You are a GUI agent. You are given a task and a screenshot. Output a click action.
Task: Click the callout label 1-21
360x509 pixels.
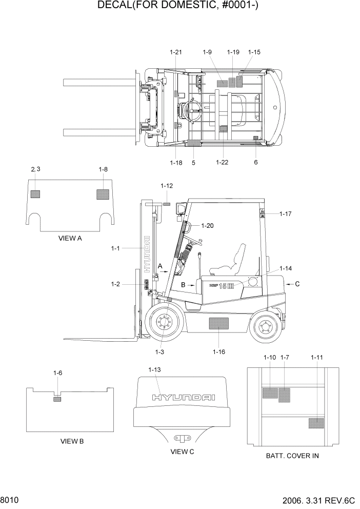175,52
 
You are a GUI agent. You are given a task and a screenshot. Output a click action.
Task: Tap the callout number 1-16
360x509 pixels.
219,351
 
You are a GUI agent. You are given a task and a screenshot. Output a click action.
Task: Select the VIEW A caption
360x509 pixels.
71,239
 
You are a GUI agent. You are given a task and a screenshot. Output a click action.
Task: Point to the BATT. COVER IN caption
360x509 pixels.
292,456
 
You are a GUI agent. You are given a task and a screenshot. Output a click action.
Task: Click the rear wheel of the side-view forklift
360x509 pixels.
265,324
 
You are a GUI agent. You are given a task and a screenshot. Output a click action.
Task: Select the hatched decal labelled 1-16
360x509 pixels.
219,324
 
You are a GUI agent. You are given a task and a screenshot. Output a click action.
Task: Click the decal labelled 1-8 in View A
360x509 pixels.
103,194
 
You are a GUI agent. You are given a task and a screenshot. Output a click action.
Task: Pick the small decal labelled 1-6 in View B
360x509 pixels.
57,399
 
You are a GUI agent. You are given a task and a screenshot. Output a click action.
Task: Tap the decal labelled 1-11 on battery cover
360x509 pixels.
316,423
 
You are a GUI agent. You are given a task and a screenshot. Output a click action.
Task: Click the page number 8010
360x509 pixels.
10,499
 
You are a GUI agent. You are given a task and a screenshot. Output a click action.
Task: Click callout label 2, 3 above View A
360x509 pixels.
35,169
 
